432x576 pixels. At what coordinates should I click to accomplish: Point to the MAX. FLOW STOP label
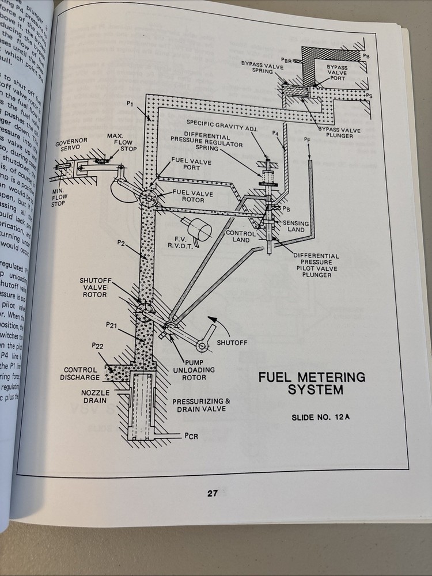113,143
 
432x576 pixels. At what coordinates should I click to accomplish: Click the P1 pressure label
130,104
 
